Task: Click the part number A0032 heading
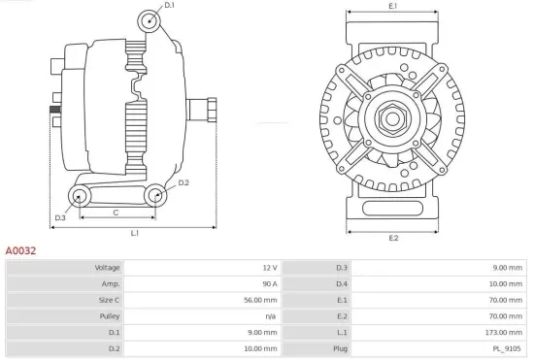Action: pyautogui.click(x=22, y=249)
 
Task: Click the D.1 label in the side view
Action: pyautogui.click(x=169, y=6)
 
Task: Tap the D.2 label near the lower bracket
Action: pyautogui.click(x=184, y=182)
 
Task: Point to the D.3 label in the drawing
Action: pyautogui.click(x=60, y=217)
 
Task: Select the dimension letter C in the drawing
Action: pyautogui.click(x=116, y=212)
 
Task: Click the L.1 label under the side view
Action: pyautogui.click(x=134, y=233)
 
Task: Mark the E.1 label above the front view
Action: pyautogui.click(x=393, y=7)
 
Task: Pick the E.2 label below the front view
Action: pyautogui.click(x=393, y=238)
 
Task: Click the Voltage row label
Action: pyautogui.click(x=106, y=267)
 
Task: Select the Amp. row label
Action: pyautogui.click(x=110, y=283)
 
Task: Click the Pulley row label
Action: pyautogui.click(x=108, y=316)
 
